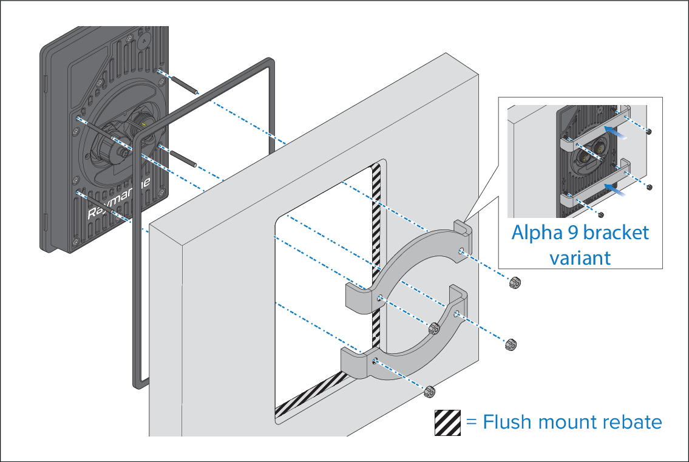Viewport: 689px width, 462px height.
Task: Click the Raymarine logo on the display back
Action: click(x=118, y=199)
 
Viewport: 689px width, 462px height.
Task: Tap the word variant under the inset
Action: click(x=580, y=258)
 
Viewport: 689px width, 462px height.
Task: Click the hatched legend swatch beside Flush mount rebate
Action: click(x=448, y=423)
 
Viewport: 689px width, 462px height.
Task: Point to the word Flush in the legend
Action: click(x=507, y=421)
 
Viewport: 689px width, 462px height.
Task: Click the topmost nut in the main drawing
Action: click(x=514, y=282)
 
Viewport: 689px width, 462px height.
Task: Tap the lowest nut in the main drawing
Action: click(x=429, y=391)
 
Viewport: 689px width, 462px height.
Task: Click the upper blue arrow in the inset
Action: click(x=616, y=132)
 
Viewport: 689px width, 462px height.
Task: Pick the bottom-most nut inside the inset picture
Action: click(x=602, y=214)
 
